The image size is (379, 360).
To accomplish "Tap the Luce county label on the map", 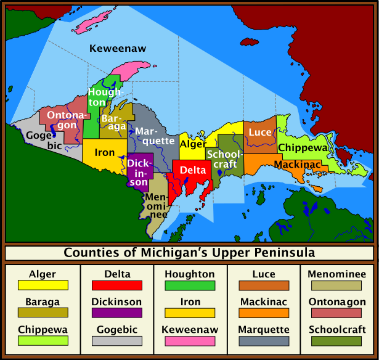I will coord(260,133).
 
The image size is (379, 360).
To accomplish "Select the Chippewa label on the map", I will coord(303,148).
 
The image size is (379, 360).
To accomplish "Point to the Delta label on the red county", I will coord(193,170).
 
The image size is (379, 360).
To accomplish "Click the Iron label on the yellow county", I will coord(105,152).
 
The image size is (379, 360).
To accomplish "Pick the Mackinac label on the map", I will coord(298,165).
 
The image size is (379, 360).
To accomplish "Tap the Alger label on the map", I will coord(193,144).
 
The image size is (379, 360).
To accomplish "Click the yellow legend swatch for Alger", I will coord(43,285).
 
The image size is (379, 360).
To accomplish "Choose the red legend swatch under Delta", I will coord(116,285).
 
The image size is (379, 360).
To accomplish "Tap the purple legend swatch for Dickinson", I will coord(116,313).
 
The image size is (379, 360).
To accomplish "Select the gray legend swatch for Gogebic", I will coord(116,341).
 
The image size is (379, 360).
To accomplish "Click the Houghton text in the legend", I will coord(190,274).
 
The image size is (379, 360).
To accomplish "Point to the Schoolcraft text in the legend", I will coord(336,329).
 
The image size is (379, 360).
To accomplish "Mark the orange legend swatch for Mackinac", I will coord(264,313).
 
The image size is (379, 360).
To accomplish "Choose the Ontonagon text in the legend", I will coord(336,302).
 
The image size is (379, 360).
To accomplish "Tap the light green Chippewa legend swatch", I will coord(43,341).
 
